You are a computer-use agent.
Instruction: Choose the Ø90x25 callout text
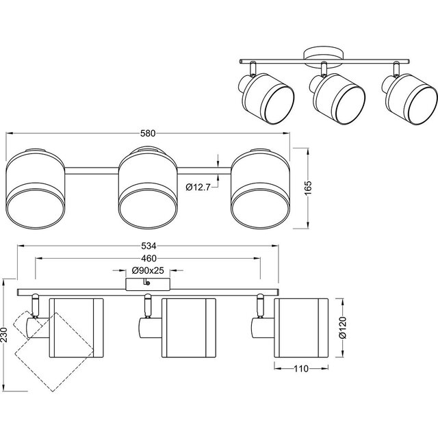[147, 270]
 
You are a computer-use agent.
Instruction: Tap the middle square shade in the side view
[188, 327]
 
